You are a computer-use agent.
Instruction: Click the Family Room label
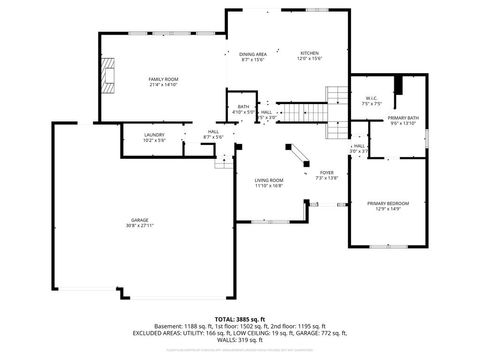point(163,78)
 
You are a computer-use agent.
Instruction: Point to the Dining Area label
point(252,53)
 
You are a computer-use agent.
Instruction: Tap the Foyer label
point(326,172)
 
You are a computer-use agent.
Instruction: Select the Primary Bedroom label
point(387,203)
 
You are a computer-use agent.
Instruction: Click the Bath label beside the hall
point(243,107)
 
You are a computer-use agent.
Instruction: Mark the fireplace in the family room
point(107,76)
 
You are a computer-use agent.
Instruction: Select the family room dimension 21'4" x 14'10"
point(163,84)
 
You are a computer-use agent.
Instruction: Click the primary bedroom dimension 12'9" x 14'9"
point(387,209)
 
